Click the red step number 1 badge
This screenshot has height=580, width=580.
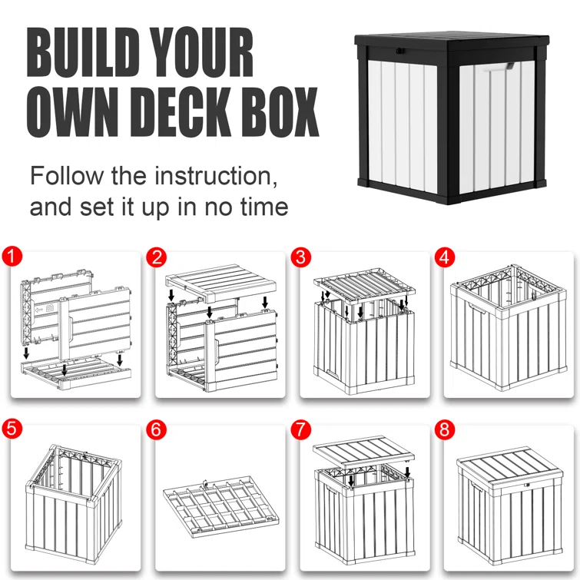[12, 257]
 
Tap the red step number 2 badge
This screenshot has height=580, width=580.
[157, 257]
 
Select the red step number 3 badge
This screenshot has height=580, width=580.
[301, 257]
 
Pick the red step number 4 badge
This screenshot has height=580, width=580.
[445, 257]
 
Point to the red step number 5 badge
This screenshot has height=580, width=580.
[12, 429]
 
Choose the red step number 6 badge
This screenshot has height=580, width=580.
[157, 429]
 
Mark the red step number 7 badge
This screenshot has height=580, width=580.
[301, 429]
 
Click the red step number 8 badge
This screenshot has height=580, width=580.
[445, 429]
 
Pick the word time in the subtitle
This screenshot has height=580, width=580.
[263, 207]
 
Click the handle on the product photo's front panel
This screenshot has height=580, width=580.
[495, 67]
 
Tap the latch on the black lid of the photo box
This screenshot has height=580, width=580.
[400, 51]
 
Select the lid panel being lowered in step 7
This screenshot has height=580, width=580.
[363, 451]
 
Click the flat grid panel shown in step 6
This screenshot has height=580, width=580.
[220, 506]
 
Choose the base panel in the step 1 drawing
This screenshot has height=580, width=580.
[76, 373]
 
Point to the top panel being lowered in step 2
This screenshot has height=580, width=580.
[220, 282]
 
